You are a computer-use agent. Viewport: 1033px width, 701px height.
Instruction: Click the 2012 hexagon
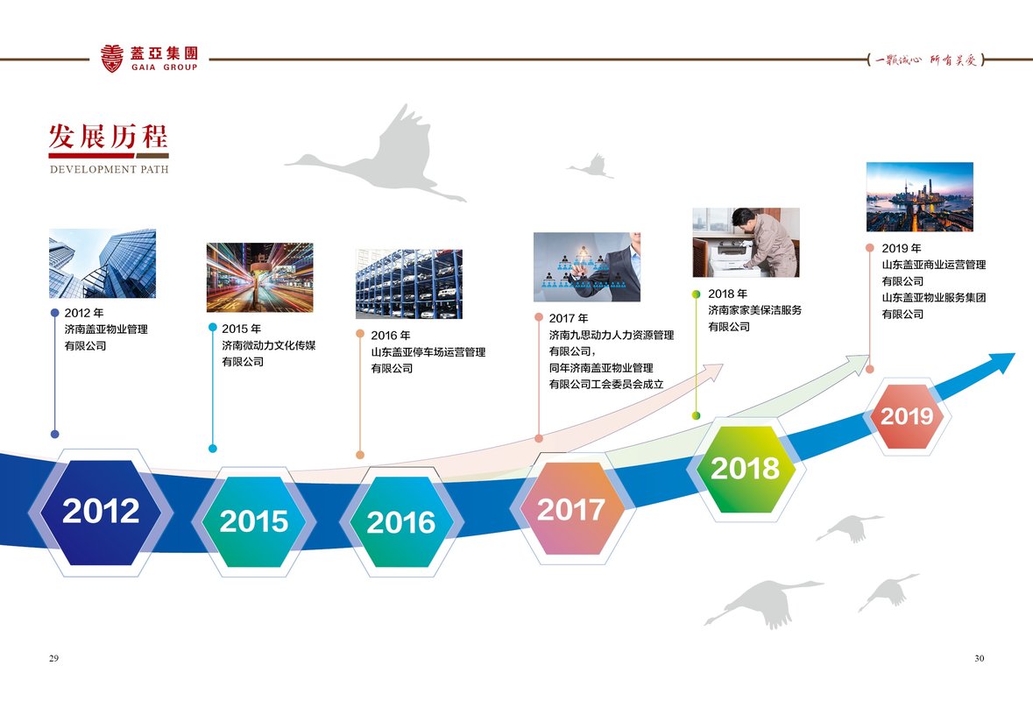pos(101,512)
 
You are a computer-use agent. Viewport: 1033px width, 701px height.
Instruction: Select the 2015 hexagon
pos(253,521)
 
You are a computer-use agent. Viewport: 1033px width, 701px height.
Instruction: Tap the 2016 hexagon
pos(401,522)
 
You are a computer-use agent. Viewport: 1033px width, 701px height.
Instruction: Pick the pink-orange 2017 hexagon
pos(570,508)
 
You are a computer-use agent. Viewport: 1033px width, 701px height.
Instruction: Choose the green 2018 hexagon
pos(745,469)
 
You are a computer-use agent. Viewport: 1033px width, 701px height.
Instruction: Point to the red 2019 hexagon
pos(907,416)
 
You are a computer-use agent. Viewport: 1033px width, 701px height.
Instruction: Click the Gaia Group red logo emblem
pos(112,58)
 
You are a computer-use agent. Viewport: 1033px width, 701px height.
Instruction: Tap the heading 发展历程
pos(108,137)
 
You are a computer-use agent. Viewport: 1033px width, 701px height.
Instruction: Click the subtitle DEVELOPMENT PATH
pos(110,169)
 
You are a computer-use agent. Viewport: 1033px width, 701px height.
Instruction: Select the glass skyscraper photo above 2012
pos(103,264)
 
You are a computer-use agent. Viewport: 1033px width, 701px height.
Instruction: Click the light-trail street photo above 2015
pos(259,278)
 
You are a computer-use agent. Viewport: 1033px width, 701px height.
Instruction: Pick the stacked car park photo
pos(409,284)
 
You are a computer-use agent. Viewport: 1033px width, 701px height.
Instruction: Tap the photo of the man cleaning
pos(746,243)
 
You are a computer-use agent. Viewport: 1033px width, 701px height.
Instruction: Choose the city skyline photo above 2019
pos(920,196)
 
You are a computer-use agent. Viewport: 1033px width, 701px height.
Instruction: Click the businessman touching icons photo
pos(587,267)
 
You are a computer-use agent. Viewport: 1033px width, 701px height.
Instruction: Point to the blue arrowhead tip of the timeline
pos(1015,354)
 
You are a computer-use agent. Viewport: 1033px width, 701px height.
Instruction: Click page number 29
pos(54,658)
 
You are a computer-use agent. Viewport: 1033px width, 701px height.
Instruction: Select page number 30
pos(980,658)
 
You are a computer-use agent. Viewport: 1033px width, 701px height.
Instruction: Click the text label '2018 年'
pos(728,294)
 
